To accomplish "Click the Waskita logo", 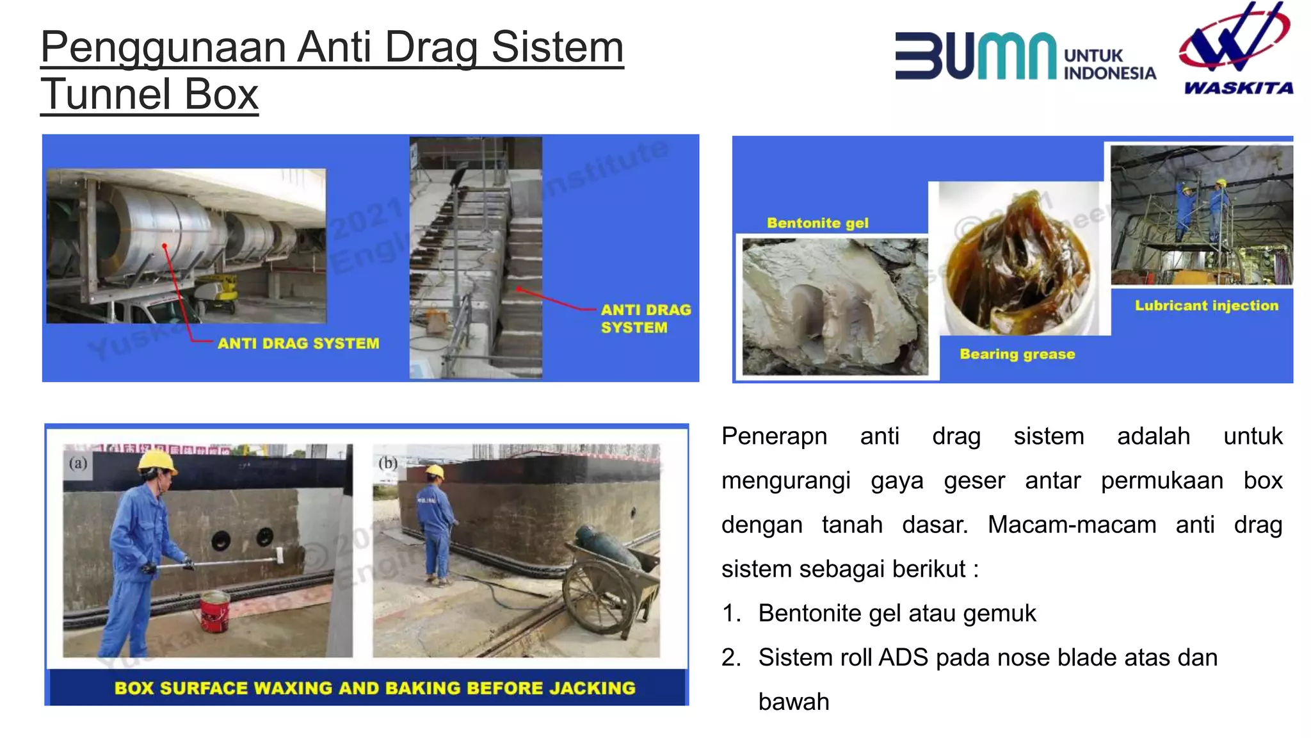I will click(x=1236, y=48).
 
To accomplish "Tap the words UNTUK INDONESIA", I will click(x=1109, y=65).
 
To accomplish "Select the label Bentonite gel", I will click(x=817, y=223).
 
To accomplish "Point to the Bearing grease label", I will click(x=1017, y=354).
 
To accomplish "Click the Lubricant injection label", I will click(x=1206, y=306).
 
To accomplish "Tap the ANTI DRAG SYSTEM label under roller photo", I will click(x=298, y=343).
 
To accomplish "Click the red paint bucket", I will click(x=214, y=611).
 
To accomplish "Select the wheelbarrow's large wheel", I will click(x=589, y=597).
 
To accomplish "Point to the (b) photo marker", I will click(x=387, y=463).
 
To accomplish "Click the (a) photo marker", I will click(x=78, y=463).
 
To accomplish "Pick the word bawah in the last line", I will click(x=794, y=702).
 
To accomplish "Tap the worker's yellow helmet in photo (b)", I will click(x=435, y=472).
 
